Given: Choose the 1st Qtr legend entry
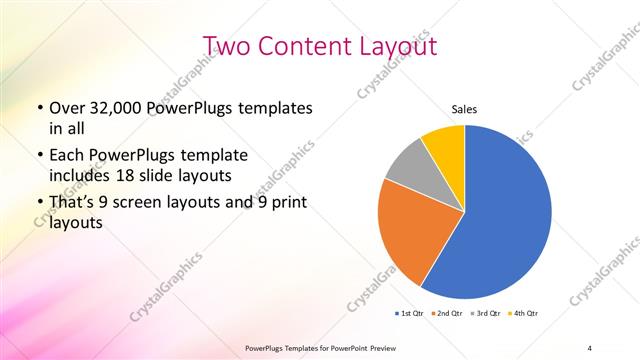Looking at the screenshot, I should click(410, 313).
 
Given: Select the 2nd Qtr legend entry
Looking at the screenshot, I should click(447, 313).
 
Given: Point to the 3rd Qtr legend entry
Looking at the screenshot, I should click(485, 313).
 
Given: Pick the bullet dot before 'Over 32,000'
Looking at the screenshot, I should click(39, 108).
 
